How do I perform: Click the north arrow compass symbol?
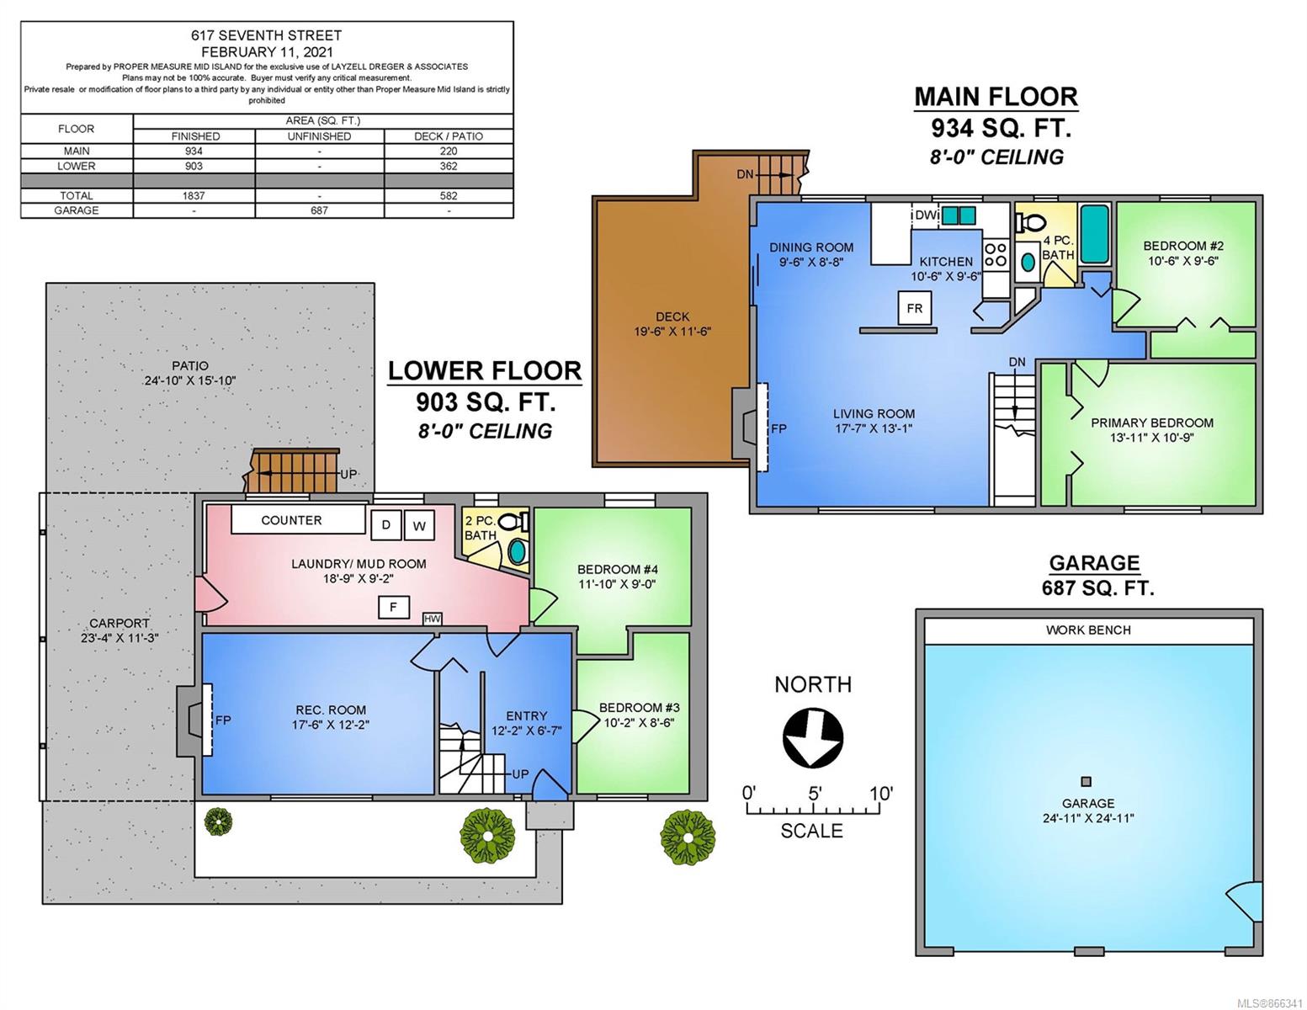tap(813, 738)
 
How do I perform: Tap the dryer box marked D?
tap(385, 525)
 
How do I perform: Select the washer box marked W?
tap(419, 526)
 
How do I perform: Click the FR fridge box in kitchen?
tap(914, 309)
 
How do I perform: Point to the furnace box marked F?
tap(393, 607)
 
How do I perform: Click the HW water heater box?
tap(433, 619)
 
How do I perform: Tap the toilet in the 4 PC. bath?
tap(1030, 223)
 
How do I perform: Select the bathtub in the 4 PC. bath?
tap(1095, 234)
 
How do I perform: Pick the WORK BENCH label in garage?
tap(1088, 630)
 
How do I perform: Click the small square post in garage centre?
tap(1087, 782)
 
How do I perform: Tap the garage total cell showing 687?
tap(319, 210)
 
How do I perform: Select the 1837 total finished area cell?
tap(194, 195)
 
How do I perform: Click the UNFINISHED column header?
tap(319, 136)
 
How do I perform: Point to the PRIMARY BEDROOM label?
tap(1152, 423)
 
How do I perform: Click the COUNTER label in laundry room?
tap(291, 520)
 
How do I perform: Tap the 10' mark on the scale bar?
tap(881, 795)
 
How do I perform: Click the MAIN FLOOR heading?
tap(996, 97)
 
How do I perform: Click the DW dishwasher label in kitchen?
tap(927, 214)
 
